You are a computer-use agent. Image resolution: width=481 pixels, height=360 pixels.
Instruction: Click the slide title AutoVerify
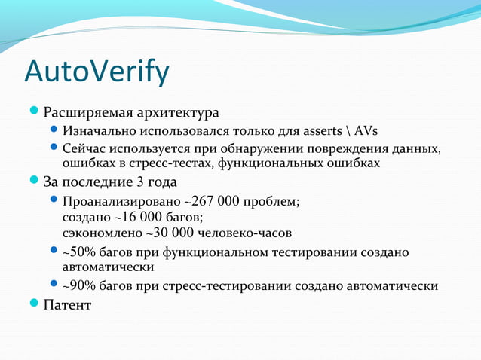pyautogui.click(x=97, y=72)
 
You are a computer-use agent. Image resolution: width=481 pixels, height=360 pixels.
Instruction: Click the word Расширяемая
pyautogui.click(x=87, y=114)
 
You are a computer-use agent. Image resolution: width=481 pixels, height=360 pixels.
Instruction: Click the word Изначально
pyautogui.click(x=100, y=131)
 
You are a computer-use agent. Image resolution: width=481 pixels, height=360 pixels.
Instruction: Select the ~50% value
pyautogui.click(x=78, y=252)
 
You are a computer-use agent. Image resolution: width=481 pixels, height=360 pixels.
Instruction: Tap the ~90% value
pyautogui.click(x=78, y=286)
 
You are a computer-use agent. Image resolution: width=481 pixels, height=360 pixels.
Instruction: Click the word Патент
pyautogui.click(x=67, y=305)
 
